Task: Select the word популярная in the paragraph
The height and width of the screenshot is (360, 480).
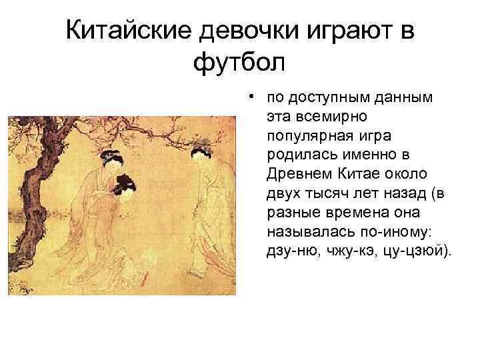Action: [x=304, y=136]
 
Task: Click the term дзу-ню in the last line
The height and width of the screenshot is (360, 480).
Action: [x=285, y=252]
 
